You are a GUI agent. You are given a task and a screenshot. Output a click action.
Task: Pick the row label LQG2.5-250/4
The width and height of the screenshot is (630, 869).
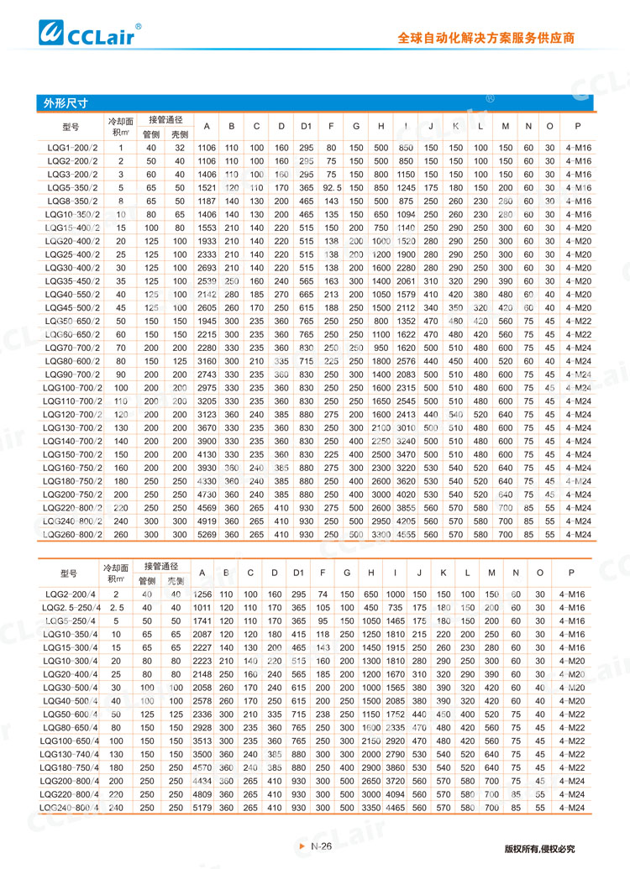(x=72, y=607)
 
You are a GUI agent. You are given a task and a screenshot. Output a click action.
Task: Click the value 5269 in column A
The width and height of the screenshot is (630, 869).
(x=205, y=534)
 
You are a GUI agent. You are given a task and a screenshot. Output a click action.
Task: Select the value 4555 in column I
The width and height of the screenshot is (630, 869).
(x=407, y=534)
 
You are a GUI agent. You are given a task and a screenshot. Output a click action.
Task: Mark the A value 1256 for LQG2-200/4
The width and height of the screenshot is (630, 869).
(x=202, y=594)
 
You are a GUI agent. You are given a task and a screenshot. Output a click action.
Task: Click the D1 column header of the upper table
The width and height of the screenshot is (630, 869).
(x=307, y=127)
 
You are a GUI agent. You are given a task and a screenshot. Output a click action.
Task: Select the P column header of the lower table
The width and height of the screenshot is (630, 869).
(x=572, y=573)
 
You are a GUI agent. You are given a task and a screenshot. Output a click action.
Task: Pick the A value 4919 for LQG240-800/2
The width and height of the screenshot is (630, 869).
(x=205, y=521)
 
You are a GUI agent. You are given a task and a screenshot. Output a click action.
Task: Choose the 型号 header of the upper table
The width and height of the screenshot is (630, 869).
(x=71, y=127)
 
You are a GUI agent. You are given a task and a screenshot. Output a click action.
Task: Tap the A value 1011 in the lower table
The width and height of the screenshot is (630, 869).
(x=202, y=607)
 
